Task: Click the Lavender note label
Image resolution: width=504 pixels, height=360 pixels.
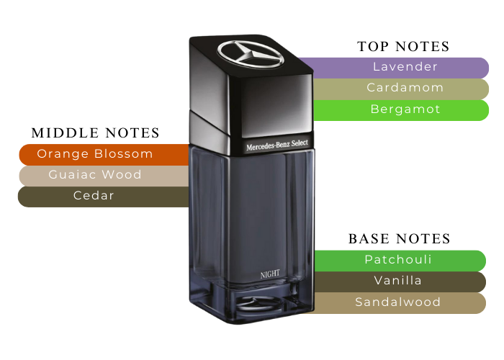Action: [405, 67]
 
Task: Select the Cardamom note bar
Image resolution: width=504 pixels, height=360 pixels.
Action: [405, 88]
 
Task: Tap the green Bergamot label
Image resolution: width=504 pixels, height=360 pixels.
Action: [405, 109]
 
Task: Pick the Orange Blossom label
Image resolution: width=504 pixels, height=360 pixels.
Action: [95, 153]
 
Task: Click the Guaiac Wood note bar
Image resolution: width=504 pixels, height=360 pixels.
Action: [95, 175]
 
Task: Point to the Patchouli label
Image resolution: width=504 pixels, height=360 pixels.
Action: [398, 260]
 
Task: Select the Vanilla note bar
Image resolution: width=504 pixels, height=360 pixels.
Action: [398, 281]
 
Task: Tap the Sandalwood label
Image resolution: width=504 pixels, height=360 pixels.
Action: [398, 302]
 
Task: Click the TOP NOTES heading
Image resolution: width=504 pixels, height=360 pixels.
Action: [403, 47]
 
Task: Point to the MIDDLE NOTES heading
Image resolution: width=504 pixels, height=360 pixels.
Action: [95, 133]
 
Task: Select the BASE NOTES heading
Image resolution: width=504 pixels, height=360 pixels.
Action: [399, 239]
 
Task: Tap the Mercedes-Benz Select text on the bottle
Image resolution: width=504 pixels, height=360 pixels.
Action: [277, 145]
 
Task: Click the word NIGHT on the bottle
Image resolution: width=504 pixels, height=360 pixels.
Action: [270, 274]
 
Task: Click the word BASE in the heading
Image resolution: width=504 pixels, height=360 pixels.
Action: [368, 239]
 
